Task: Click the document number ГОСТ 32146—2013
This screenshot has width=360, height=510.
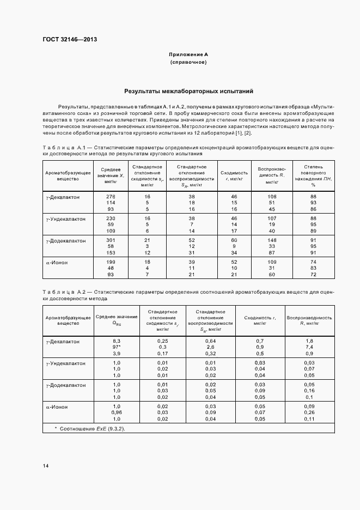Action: click(x=66, y=39)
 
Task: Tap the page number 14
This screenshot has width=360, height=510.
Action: click(x=46, y=465)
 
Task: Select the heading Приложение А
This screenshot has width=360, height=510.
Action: click(x=188, y=55)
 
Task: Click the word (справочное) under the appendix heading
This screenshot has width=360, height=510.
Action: click(x=188, y=63)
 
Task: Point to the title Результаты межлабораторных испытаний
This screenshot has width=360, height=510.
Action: click(x=188, y=92)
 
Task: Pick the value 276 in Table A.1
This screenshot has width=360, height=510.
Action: click(x=111, y=196)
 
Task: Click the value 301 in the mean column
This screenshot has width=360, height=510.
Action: click(x=111, y=240)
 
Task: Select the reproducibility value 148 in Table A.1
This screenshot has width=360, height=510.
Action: click(x=272, y=240)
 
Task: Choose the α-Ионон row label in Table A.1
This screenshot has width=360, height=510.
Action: click(x=57, y=262)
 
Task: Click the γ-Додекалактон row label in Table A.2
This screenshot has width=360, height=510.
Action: click(x=66, y=385)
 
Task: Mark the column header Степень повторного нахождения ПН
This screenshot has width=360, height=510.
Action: click(x=313, y=174)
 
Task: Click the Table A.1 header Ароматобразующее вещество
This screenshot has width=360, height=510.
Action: click(x=68, y=174)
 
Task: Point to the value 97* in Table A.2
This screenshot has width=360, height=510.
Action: click(x=116, y=347)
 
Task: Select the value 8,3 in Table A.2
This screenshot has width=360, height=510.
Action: click(x=116, y=341)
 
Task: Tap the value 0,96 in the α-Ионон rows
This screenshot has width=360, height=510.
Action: click(x=116, y=412)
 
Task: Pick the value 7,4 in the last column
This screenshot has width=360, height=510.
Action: click(x=309, y=347)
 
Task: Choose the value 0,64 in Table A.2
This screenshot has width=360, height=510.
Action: click(x=210, y=341)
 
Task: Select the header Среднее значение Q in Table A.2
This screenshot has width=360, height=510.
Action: click(x=116, y=320)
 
